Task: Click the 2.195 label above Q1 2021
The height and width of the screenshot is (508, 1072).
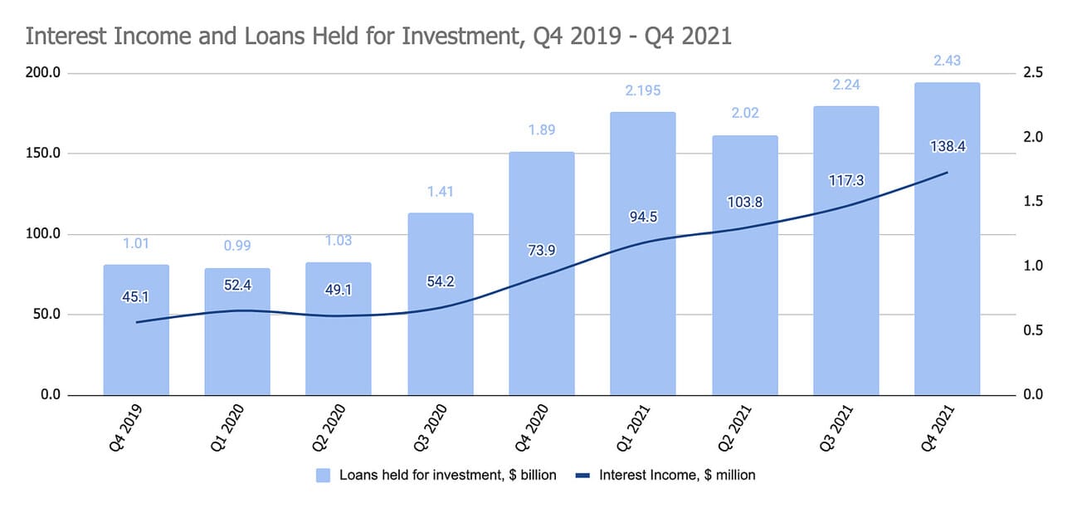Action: pos(643,90)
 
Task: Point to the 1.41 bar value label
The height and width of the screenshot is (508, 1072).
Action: pos(441,192)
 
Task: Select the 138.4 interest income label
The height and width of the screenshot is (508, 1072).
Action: pos(947,147)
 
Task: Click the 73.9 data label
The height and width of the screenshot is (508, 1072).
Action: pos(542,252)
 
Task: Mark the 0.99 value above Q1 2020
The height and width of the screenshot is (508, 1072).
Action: pos(237,246)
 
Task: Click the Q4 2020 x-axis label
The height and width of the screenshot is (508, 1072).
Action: pos(530,428)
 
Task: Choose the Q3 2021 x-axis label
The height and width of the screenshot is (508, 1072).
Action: pos(835,428)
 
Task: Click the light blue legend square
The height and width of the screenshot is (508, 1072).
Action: pos(323,476)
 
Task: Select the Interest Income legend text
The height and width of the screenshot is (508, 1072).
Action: pos(677,476)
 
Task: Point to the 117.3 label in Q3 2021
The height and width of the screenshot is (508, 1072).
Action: pos(845,179)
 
